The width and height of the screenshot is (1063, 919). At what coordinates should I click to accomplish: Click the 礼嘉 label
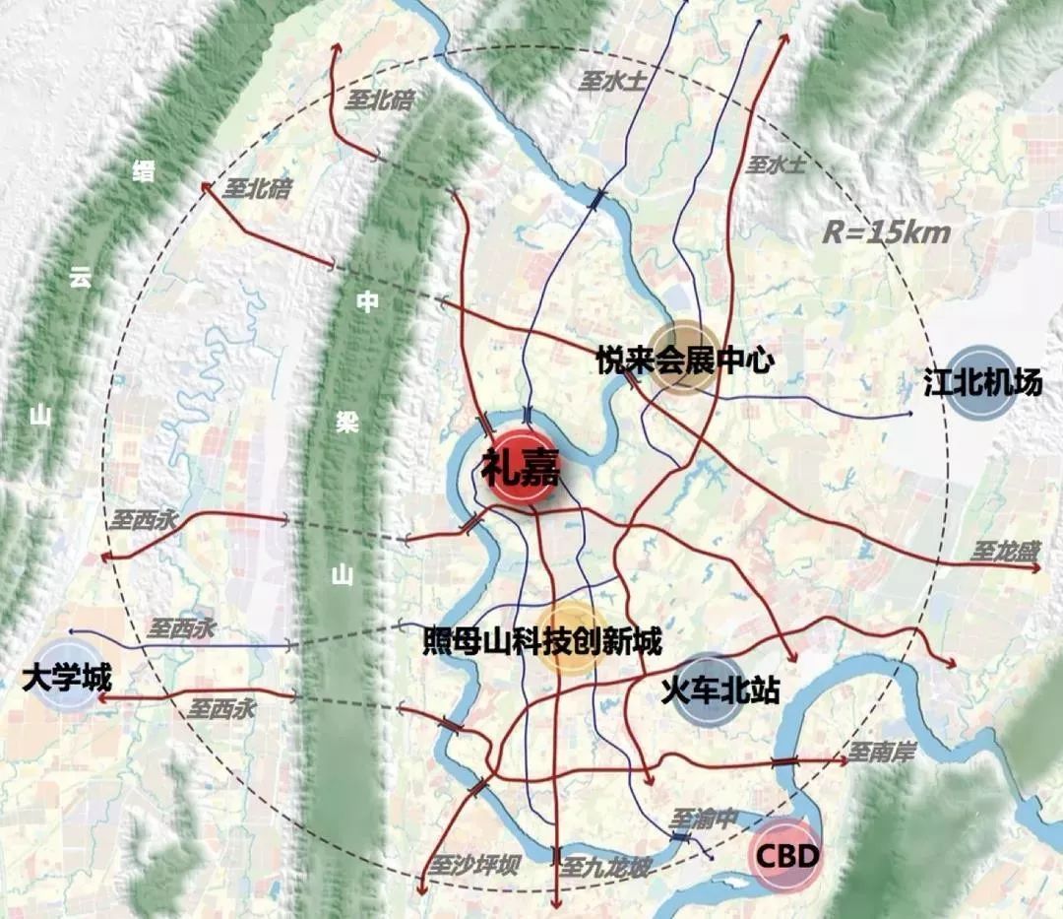click(521, 468)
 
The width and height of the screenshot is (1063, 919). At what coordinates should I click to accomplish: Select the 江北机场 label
click(982, 381)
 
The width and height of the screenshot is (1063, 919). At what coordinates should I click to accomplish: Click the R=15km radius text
click(887, 233)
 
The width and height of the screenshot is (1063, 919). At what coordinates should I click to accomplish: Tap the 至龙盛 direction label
click(1004, 553)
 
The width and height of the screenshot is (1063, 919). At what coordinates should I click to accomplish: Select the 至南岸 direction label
click(882, 754)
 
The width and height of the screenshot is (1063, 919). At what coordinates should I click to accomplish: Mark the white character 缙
click(144, 170)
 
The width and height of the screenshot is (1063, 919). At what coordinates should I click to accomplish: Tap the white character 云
click(79, 279)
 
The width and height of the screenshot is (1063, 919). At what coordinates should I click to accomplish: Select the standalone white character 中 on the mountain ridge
click(367, 302)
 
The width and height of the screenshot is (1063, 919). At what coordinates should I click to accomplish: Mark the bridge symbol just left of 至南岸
click(784, 761)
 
